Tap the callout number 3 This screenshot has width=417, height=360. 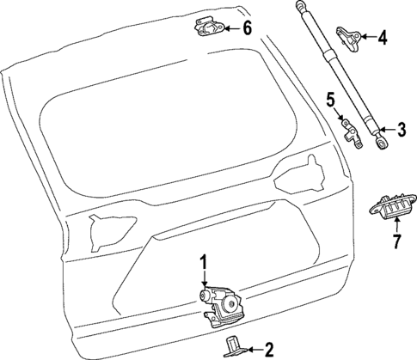[401, 130]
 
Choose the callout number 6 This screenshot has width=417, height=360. [247, 27]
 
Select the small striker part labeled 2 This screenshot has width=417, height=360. [235, 346]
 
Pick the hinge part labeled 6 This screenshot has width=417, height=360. [207, 28]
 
